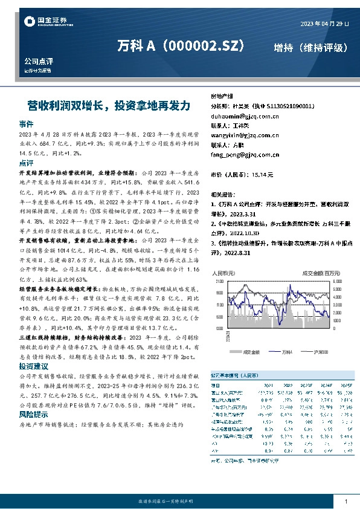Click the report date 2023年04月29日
tap(324, 24)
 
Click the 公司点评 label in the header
tap(39, 61)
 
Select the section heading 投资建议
tap(31, 366)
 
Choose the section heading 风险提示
tap(31, 415)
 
